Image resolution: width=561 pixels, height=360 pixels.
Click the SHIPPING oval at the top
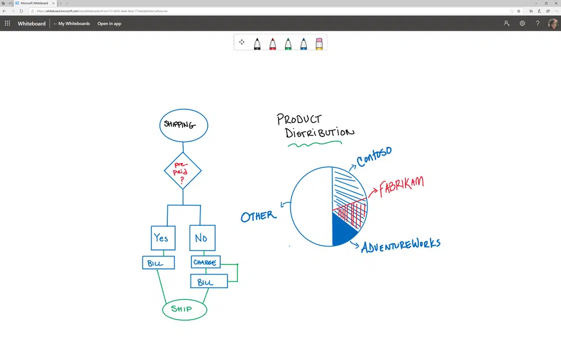[184, 125]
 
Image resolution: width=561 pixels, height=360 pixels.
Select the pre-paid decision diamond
[183, 171]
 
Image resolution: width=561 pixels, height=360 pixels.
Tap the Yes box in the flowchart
[162, 238]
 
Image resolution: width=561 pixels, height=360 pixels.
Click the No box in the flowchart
[202, 238]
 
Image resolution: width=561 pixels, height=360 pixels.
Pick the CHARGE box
[205, 262]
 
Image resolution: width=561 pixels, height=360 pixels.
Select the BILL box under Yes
[158, 263]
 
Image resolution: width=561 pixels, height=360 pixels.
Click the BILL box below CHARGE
[209, 281]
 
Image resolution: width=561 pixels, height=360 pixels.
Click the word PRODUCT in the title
[299, 119]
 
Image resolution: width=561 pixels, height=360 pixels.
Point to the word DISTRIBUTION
[319, 133]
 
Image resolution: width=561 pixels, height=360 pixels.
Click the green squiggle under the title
[314, 144]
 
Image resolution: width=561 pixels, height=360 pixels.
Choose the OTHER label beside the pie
[258, 216]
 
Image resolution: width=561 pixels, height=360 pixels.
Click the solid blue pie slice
[341, 232]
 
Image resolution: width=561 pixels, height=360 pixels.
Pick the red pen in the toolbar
[272, 43]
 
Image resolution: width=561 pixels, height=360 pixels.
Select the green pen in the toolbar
[288, 43]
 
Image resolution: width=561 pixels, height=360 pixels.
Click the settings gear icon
[522, 24]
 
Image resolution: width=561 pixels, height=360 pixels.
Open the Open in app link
[110, 24]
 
